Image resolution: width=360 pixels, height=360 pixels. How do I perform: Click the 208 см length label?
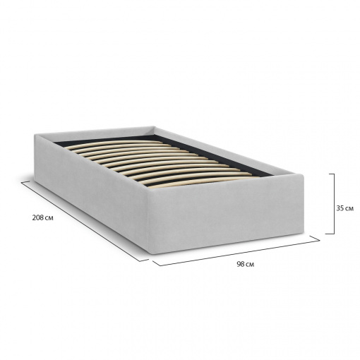[x=43, y=218]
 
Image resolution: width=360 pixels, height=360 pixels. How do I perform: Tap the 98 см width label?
[x=246, y=264]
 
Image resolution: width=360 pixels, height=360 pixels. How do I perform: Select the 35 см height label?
[x=344, y=208]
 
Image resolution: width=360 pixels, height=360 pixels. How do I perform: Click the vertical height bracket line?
[x=334, y=204]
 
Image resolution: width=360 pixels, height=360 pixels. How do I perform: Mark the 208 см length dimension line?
[x=85, y=222]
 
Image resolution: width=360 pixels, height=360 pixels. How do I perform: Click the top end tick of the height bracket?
[x=331, y=174]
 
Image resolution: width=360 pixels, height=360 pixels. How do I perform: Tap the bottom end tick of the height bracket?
[x=330, y=234]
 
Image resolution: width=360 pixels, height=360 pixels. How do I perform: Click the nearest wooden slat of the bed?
[x=203, y=181]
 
